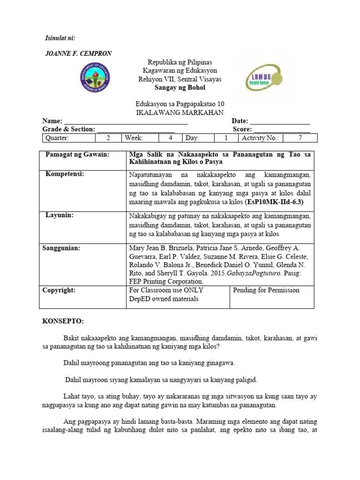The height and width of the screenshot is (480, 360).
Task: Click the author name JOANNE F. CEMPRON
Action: click(x=77, y=53)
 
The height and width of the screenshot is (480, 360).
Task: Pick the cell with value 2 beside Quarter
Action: click(x=108, y=138)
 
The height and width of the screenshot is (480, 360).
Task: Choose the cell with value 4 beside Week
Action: click(x=171, y=138)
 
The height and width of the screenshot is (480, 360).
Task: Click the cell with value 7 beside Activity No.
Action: click(x=300, y=138)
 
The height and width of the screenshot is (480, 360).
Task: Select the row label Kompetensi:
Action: click(x=65, y=174)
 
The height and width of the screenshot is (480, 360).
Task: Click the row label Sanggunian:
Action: click(x=61, y=247)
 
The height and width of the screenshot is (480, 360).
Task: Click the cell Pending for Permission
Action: click(x=266, y=290)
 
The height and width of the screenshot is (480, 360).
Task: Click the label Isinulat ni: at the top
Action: click(x=59, y=37)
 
